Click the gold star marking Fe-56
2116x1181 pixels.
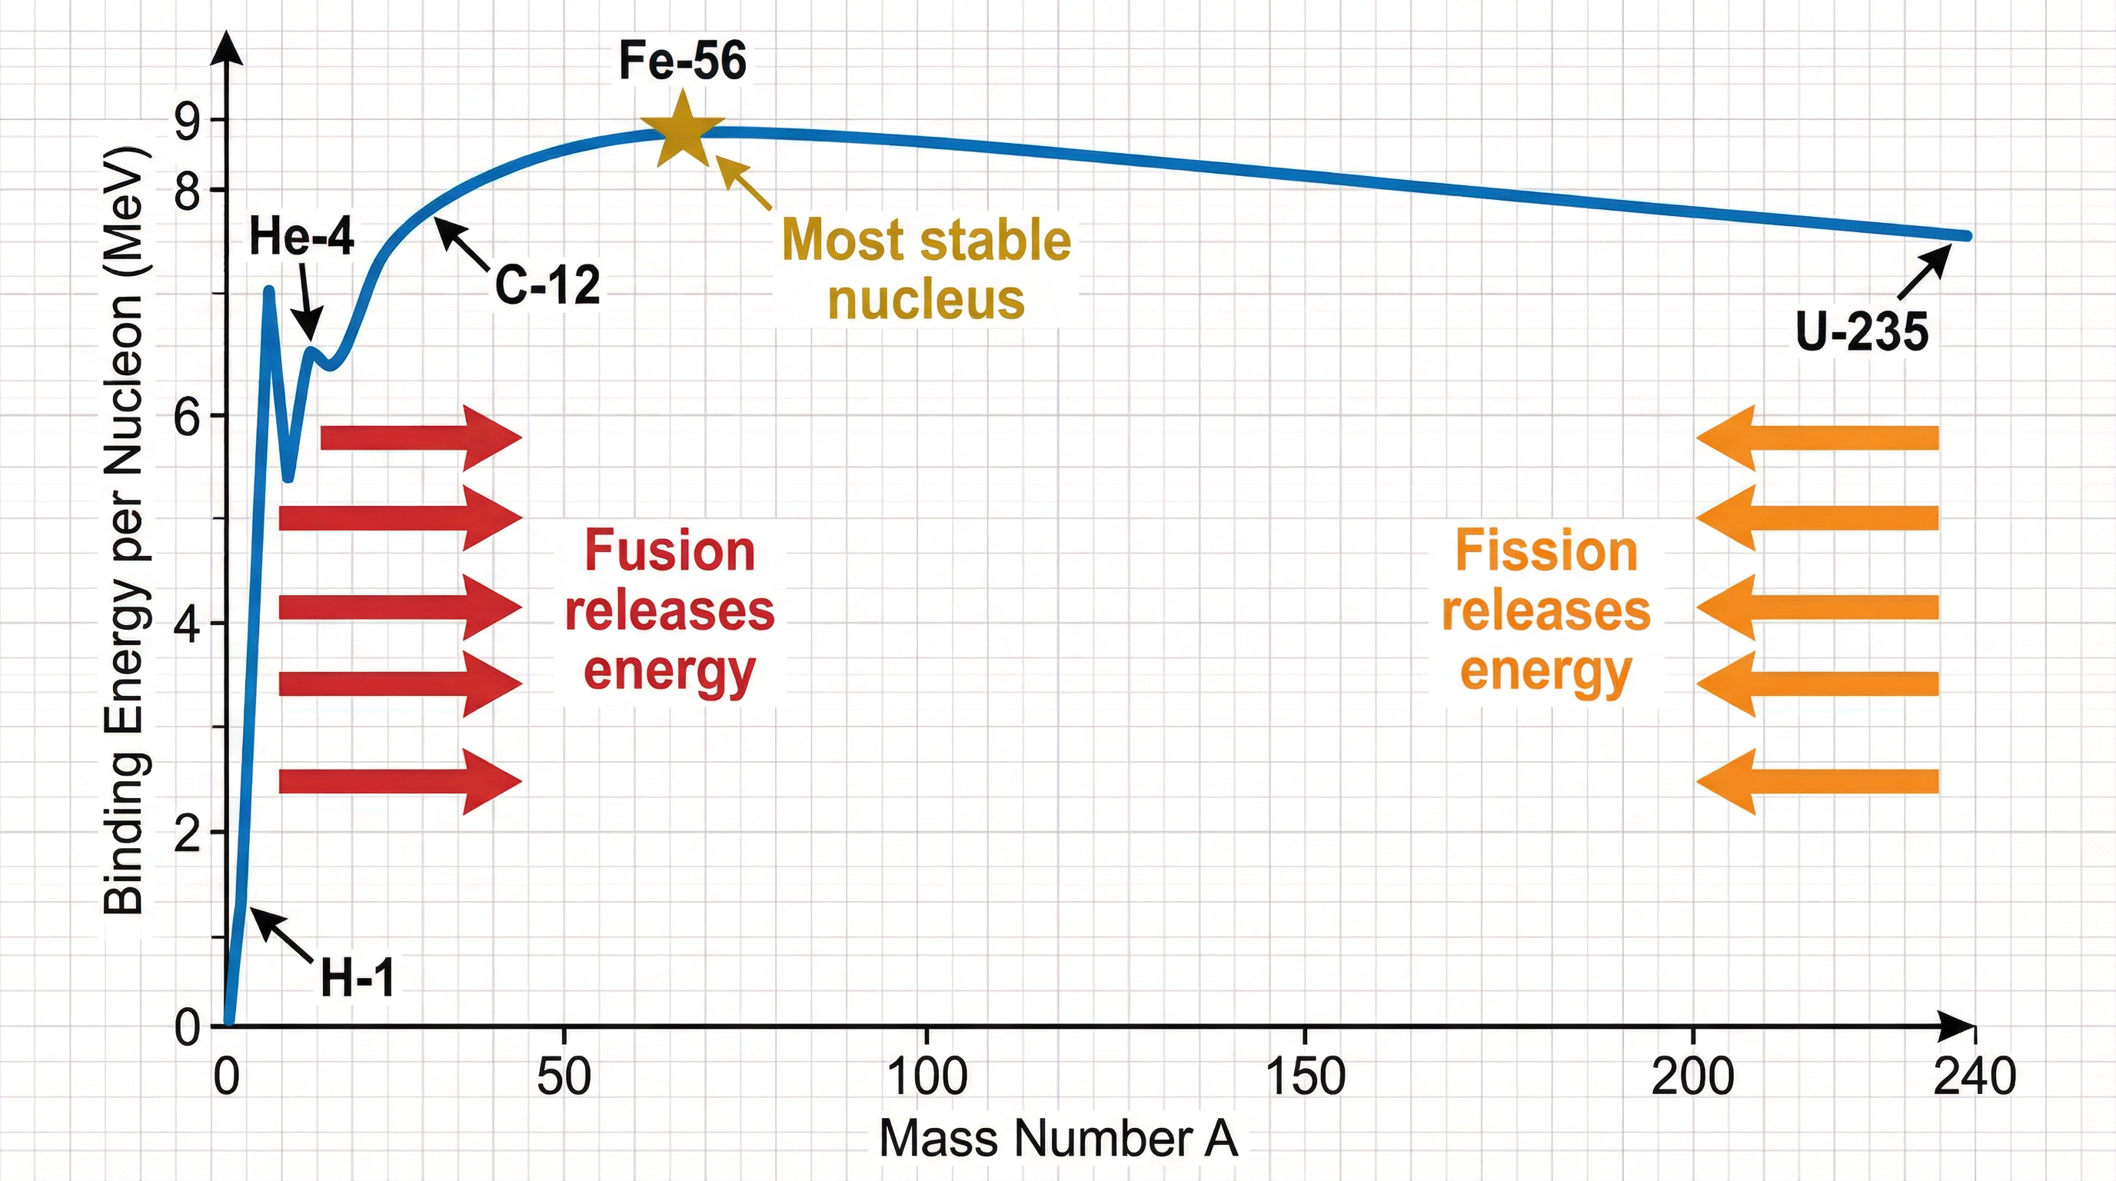[x=682, y=131]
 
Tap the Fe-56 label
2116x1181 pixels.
[x=682, y=61]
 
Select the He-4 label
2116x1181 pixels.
[x=301, y=237]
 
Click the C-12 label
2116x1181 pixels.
[x=548, y=286]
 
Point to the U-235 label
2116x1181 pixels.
[x=1862, y=332]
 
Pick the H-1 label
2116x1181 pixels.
[x=358, y=978]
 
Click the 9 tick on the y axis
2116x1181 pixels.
[x=188, y=121]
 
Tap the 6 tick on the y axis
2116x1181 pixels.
[x=188, y=418]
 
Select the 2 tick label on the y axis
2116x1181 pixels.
[x=188, y=834]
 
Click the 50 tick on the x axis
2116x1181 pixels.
[x=564, y=1076]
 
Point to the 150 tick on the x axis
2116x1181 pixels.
[x=1306, y=1076]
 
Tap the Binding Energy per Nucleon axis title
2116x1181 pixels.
[x=125, y=530]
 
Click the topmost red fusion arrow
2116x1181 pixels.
[x=421, y=437]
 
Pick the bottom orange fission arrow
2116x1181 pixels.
[x=1817, y=781]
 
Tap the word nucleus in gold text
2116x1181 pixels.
[x=926, y=299]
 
